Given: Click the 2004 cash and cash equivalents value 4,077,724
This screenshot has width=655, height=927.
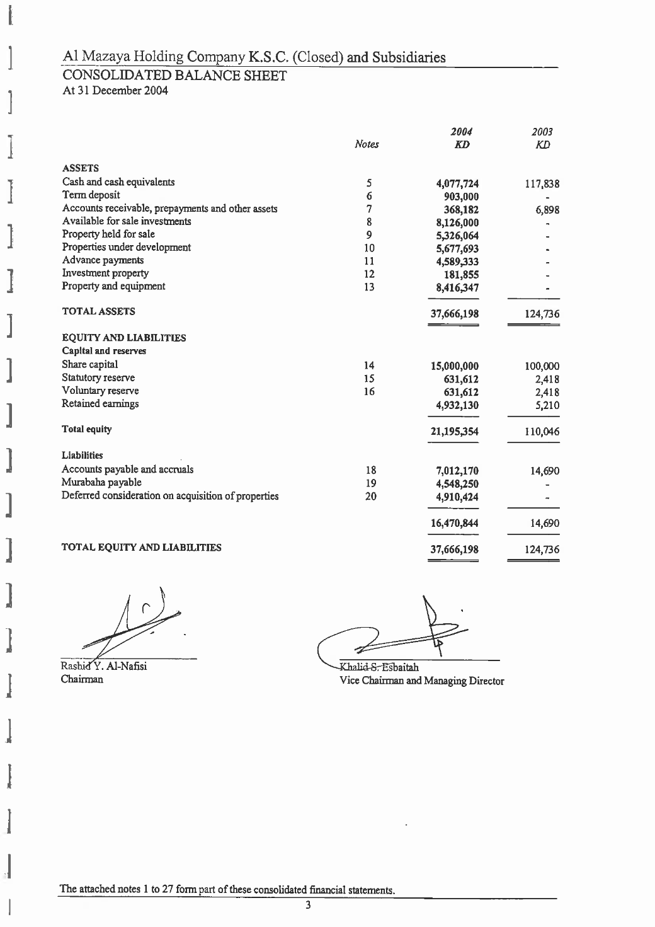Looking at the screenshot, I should click(x=457, y=184).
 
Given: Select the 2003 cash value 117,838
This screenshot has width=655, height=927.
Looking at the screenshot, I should click(x=542, y=185).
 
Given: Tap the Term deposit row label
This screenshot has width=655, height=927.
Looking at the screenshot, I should click(x=91, y=195).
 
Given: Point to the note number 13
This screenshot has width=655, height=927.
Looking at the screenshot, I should click(x=369, y=287).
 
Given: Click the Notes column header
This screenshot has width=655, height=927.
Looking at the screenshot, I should click(x=367, y=144).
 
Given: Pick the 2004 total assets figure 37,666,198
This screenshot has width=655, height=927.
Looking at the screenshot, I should click(x=454, y=314).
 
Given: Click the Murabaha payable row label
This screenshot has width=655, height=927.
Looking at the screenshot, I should click(x=101, y=483).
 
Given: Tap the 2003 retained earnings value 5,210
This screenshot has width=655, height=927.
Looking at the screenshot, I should click(x=546, y=405).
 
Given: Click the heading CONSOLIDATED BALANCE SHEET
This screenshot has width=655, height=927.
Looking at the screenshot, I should click(x=174, y=76).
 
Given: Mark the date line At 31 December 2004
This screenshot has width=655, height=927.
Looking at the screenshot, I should click(x=115, y=91).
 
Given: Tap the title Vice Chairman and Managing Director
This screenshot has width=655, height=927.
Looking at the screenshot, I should click(x=421, y=681).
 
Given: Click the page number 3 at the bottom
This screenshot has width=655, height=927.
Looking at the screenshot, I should click(x=308, y=906).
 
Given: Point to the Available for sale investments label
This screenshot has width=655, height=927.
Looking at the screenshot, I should click(x=127, y=221).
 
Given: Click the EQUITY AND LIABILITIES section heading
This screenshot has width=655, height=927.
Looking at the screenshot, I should click(x=123, y=338).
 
